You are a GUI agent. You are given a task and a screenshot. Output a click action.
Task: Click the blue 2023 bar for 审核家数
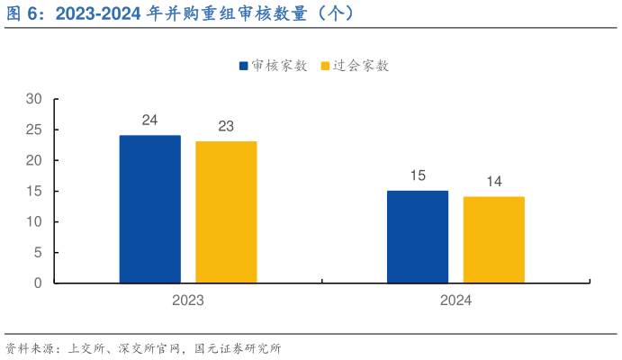pyautogui.click(x=149, y=209)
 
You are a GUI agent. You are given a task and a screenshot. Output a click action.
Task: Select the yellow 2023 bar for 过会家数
pyautogui.click(x=226, y=212)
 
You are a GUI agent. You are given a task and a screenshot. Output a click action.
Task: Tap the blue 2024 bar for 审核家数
pyautogui.click(x=418, y=237)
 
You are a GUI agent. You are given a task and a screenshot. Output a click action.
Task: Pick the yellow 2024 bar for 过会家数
pyautogui.click(x=493, y=239)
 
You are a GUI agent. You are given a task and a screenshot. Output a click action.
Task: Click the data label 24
pyautogui.click(x=149, y=120)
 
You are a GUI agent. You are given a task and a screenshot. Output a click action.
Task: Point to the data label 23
pyautogui.click(x=226, y=126)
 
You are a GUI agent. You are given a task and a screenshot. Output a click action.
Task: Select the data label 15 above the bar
pyautogui.click(x=418, y=175)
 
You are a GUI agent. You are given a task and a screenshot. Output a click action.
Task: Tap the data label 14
pyautogui.click(x=494, y=182)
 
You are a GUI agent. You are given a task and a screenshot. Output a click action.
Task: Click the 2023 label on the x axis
pyautogui.click(x=188, y=301)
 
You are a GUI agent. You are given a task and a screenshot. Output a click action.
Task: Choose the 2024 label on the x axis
pyautogui.click(x=455, y=301)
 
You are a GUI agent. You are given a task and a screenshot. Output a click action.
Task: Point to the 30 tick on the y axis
pyautogui.click(x=34, y=99)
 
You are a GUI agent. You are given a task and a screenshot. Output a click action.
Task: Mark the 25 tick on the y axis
pyautogui.click(x=34, y=130)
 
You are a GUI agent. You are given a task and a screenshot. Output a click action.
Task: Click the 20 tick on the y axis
pyautogui.click(x=34, y=160)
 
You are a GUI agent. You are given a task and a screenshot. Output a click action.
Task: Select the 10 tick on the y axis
pyautogui.click(x=34, y=221)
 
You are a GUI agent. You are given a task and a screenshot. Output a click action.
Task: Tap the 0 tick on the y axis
pyautogui.click(x=38, y=283)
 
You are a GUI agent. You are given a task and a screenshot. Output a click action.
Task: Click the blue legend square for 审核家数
pyautogui.click(x=244, y=66)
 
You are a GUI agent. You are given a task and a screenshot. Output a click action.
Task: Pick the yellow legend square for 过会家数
pyautogui.click(x=326, y=66)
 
